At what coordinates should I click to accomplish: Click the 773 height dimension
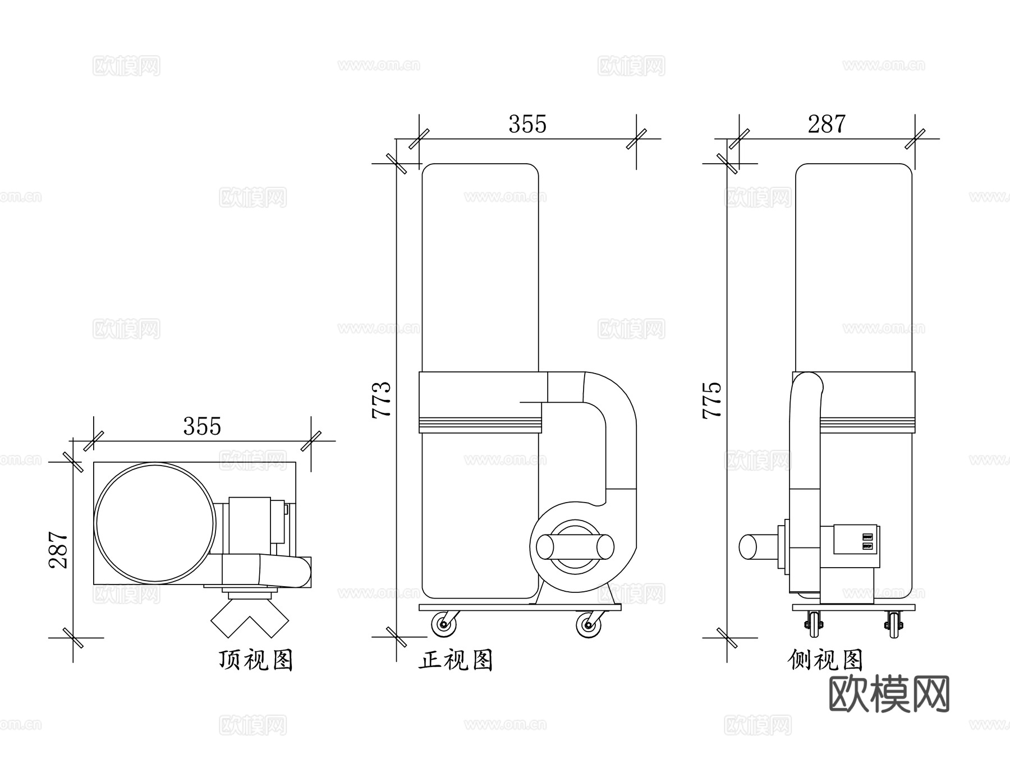pyautogui.click(x=382, y=399)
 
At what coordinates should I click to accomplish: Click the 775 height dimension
pyautogui.click(x=712, y=399)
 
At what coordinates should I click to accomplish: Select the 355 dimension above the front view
pyautogui.click(x=527, y=124)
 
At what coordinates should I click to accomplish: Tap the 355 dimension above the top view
pyautogui.click(x=202, y=426)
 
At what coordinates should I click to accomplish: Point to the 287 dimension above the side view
pyautogui.click(x=827, y=124)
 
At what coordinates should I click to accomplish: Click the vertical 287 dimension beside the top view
pyautogui.click(x=58, y=550)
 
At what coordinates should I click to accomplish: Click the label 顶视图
pyautogui.click(x=256, y=660)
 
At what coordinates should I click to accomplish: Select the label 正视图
pyautogui.click(x=456, y=660)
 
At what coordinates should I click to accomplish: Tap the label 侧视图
pyautogui.click(x=825, y=660)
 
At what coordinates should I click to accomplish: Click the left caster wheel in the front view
pyautogui.click(x=443, y=624)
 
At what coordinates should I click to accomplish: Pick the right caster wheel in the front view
pyautogui.click(x=589, y=624)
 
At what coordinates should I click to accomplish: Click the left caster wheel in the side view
pyautogui.click(x=814, y=624)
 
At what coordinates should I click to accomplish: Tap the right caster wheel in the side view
pyautogui.click(x=894, y=624)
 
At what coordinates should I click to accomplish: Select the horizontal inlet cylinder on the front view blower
pyautogui.click(x=575, y=546)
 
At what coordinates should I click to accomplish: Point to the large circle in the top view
pyautogui.click(x=155, y=523)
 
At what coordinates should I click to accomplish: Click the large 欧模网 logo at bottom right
pyautogui.click(x=889, y=694)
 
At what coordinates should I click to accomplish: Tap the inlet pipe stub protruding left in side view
pyautogui.click(x=757, y=546)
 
